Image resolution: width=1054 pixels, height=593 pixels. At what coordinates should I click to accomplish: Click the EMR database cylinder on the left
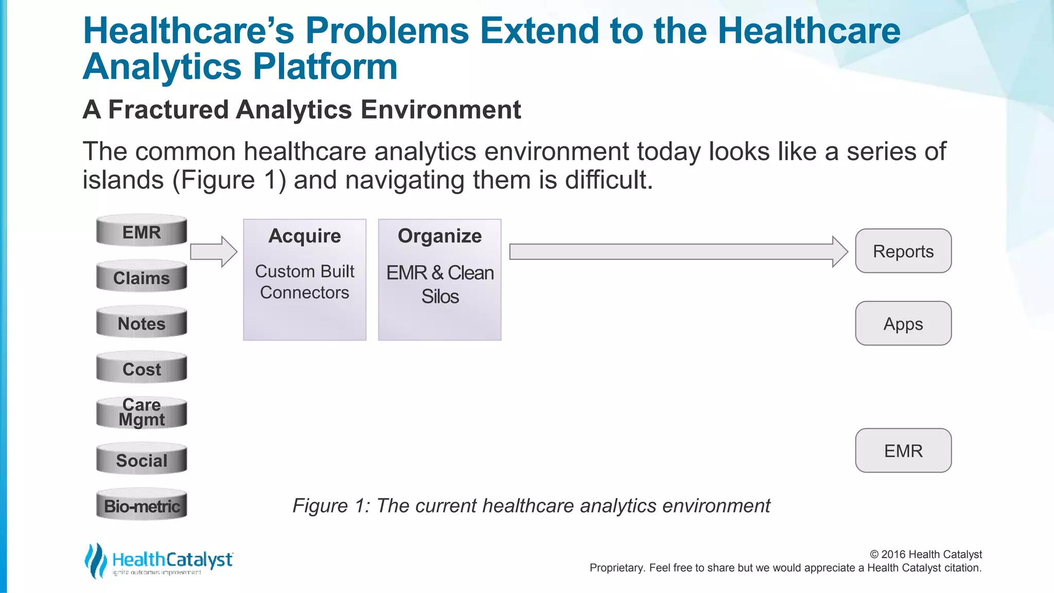tap(142, 231)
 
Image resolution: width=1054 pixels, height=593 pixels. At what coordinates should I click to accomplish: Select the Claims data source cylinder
tap(142, 277)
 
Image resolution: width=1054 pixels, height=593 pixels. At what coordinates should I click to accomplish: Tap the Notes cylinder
tap(142, 323)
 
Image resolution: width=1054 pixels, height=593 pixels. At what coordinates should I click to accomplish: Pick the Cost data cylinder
tap(142, 369)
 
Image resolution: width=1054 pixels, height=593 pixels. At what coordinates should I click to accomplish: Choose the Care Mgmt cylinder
tap(142, 413)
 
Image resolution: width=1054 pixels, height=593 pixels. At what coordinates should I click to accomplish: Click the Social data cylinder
tap(142, 460)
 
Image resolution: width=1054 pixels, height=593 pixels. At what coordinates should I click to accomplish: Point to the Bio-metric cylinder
tap(142, 505)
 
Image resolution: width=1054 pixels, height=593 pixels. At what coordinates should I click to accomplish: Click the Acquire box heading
tap(305, 236)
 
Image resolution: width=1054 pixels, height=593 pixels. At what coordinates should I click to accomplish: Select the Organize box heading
tap(440, 236)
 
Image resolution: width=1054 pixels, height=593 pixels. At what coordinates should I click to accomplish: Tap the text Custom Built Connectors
tap(305, 282)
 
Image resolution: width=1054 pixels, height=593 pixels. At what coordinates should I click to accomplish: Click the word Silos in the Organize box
tap(440, 296)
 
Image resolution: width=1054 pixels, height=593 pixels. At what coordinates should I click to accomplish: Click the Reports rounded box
tap(903, 251)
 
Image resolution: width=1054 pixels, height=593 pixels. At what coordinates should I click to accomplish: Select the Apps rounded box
tap(903, 324)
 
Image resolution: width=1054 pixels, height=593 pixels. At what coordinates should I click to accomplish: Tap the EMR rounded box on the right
tap(903, 450)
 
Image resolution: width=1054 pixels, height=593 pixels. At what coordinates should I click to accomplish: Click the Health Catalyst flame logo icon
tap(95, 561)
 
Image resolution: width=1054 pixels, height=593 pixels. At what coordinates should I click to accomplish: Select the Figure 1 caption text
tap(531, 505)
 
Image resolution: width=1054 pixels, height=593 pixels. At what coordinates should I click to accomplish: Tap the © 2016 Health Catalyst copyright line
tap(925, 554)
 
